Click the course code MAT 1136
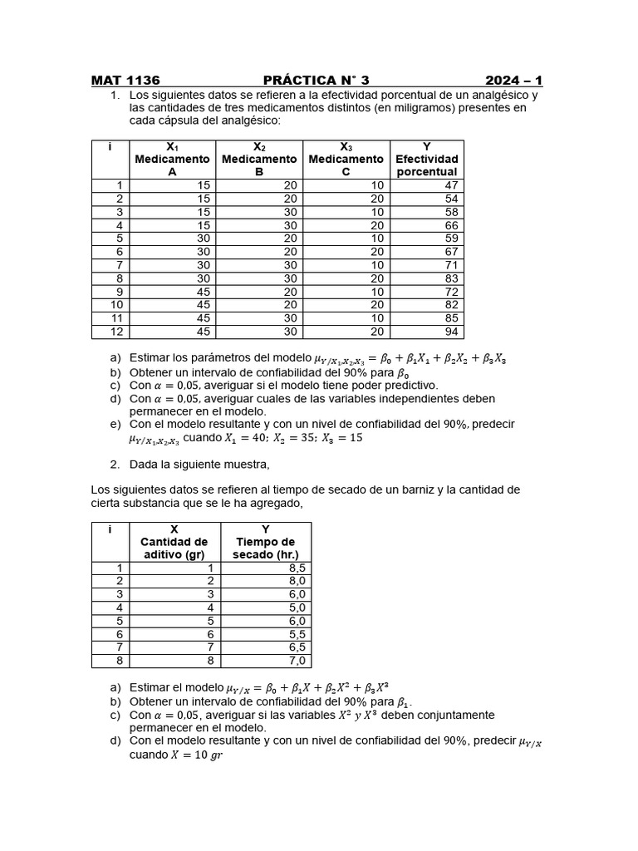(x=125, y=81)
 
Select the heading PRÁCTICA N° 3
(x=316, y=81)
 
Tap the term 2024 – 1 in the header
(x=514, y=81)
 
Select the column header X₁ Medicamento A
(x=173, y=159)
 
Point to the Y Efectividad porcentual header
(x=426, y=159)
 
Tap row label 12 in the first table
(x=118, y=332)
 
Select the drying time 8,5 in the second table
(x=296, y=568)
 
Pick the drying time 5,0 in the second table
(x=296, y=608)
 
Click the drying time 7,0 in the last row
(x=296, y=661)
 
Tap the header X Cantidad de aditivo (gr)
(x=174, y=542)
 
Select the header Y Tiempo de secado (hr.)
(x=265, y=542)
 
